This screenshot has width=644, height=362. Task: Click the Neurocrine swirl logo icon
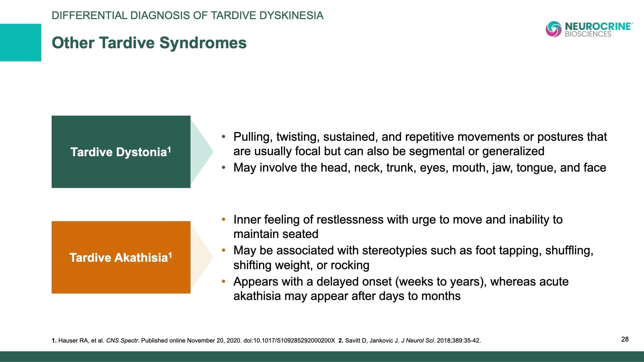[x=553, y=29]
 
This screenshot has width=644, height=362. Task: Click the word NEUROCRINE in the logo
[x=598, y=26]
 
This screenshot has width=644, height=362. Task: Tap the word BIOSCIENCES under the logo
[x=588, y=34]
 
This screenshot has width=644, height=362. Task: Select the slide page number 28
[x=625, y=339]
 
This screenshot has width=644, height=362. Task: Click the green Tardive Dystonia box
[x=121, y=152]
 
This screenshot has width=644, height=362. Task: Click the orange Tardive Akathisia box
[x=121, y=257]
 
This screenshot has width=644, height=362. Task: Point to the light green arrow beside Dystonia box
[x=201, y=152]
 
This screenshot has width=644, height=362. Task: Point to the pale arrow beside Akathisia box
[x=201, y=257]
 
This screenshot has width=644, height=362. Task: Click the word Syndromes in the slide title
[x=203, y=43]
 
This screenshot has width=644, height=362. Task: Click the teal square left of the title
[x=20, y=43]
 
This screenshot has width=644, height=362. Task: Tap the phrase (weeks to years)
[x=441, y=282]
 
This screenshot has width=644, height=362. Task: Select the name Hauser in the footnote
[x=68, y=341]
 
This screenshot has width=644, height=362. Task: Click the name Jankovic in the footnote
[x=381, y=341]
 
